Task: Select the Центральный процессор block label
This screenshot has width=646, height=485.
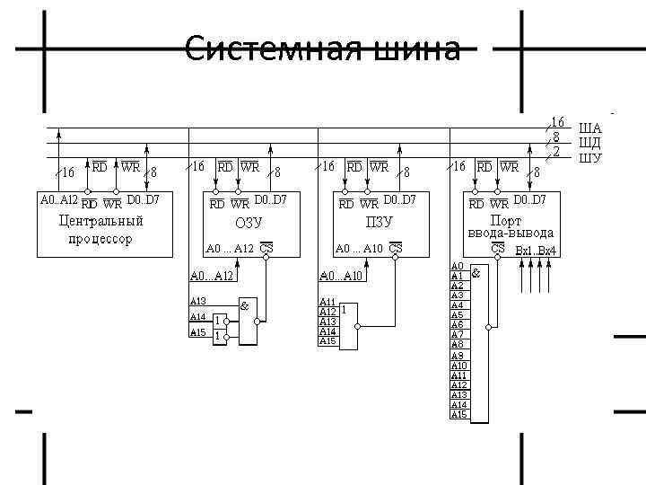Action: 100,229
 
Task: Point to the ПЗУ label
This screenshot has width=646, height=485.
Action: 378,223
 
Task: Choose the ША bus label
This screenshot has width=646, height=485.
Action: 589,128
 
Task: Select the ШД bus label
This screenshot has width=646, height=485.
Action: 589,142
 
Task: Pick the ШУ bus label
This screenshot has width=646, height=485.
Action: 589,158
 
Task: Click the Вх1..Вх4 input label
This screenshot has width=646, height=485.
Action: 537,250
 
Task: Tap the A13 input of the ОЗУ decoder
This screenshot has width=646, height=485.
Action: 198,301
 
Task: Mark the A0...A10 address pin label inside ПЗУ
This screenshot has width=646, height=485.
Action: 359,249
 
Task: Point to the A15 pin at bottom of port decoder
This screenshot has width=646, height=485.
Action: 458,414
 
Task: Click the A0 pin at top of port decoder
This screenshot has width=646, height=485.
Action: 457,267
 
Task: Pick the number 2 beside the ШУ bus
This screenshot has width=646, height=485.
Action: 556,152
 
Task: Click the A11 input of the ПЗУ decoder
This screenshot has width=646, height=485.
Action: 327,302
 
